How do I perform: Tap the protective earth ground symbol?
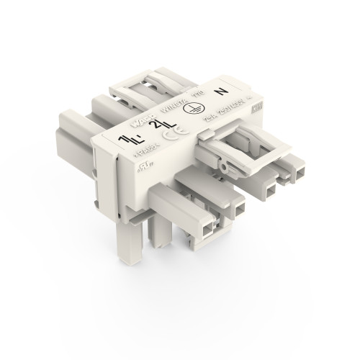(x=192, y=110)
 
